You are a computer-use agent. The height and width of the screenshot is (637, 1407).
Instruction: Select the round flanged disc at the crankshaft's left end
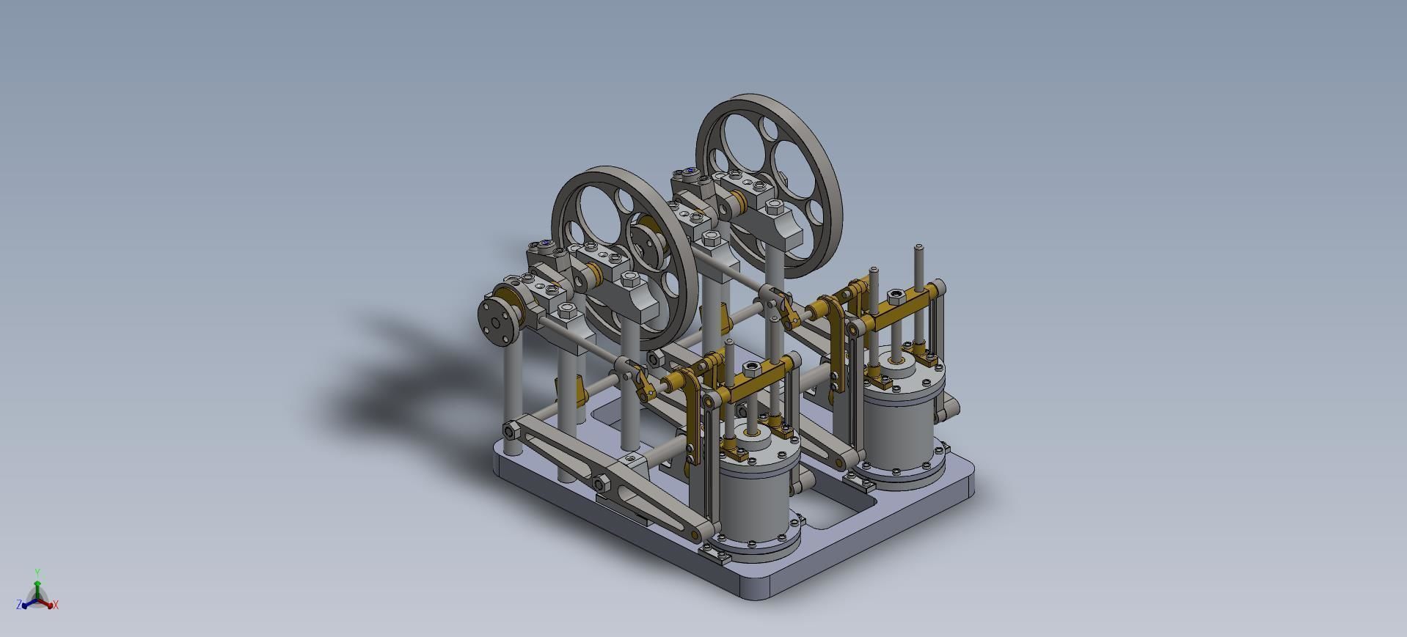click(x=498, y=319)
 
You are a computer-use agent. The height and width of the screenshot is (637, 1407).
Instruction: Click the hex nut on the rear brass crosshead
click(x=895, y=296)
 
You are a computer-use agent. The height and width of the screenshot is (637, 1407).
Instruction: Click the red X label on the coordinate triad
click(x=56, y=605)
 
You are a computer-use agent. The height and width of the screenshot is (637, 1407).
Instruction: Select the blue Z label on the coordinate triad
click(x=18, y=605)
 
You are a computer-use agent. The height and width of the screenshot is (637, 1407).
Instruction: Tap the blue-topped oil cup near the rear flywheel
click(x=691, y=172)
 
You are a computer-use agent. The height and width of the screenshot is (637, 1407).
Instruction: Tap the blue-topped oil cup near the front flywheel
click(x=547, y=244)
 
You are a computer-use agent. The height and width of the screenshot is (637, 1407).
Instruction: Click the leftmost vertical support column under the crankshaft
click(x=512, y=396)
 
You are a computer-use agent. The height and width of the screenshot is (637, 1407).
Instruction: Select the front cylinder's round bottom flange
click(x=756, y=547)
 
